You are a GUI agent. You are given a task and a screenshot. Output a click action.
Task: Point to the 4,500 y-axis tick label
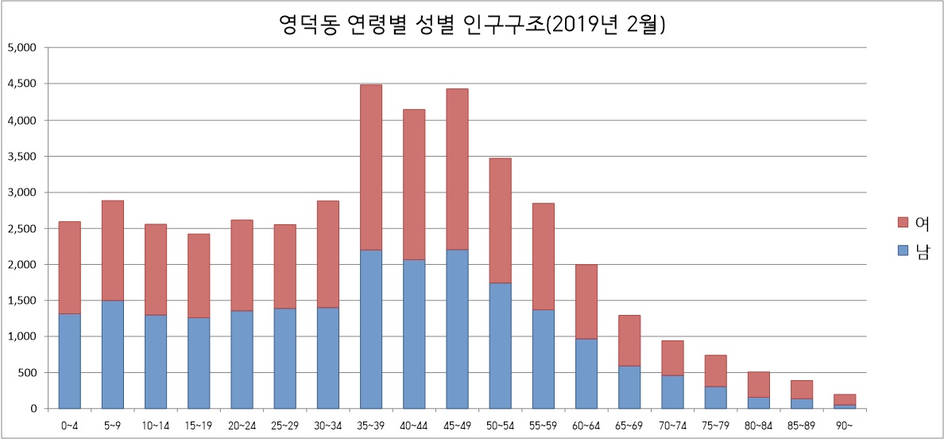click(21, 84)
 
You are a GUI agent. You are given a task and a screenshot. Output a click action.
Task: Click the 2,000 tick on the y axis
click(21, 264)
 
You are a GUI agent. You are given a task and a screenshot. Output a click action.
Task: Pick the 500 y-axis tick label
click(28, 372)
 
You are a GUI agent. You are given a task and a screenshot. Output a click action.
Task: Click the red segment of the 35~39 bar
click(370, 167)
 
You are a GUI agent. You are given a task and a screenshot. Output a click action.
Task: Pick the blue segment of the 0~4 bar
click(70, 361)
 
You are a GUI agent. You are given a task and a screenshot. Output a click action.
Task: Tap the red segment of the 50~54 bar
click(500, 220)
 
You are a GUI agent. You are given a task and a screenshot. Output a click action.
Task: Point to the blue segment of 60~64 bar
click(586, 374)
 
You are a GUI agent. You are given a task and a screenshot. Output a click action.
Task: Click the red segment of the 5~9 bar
click(113, 251)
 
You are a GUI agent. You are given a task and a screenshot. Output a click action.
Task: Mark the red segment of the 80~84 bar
click(758, 383)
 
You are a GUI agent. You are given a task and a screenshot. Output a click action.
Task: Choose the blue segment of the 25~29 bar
click(284, 359)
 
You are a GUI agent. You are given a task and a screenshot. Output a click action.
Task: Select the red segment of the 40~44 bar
click(413, 185)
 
